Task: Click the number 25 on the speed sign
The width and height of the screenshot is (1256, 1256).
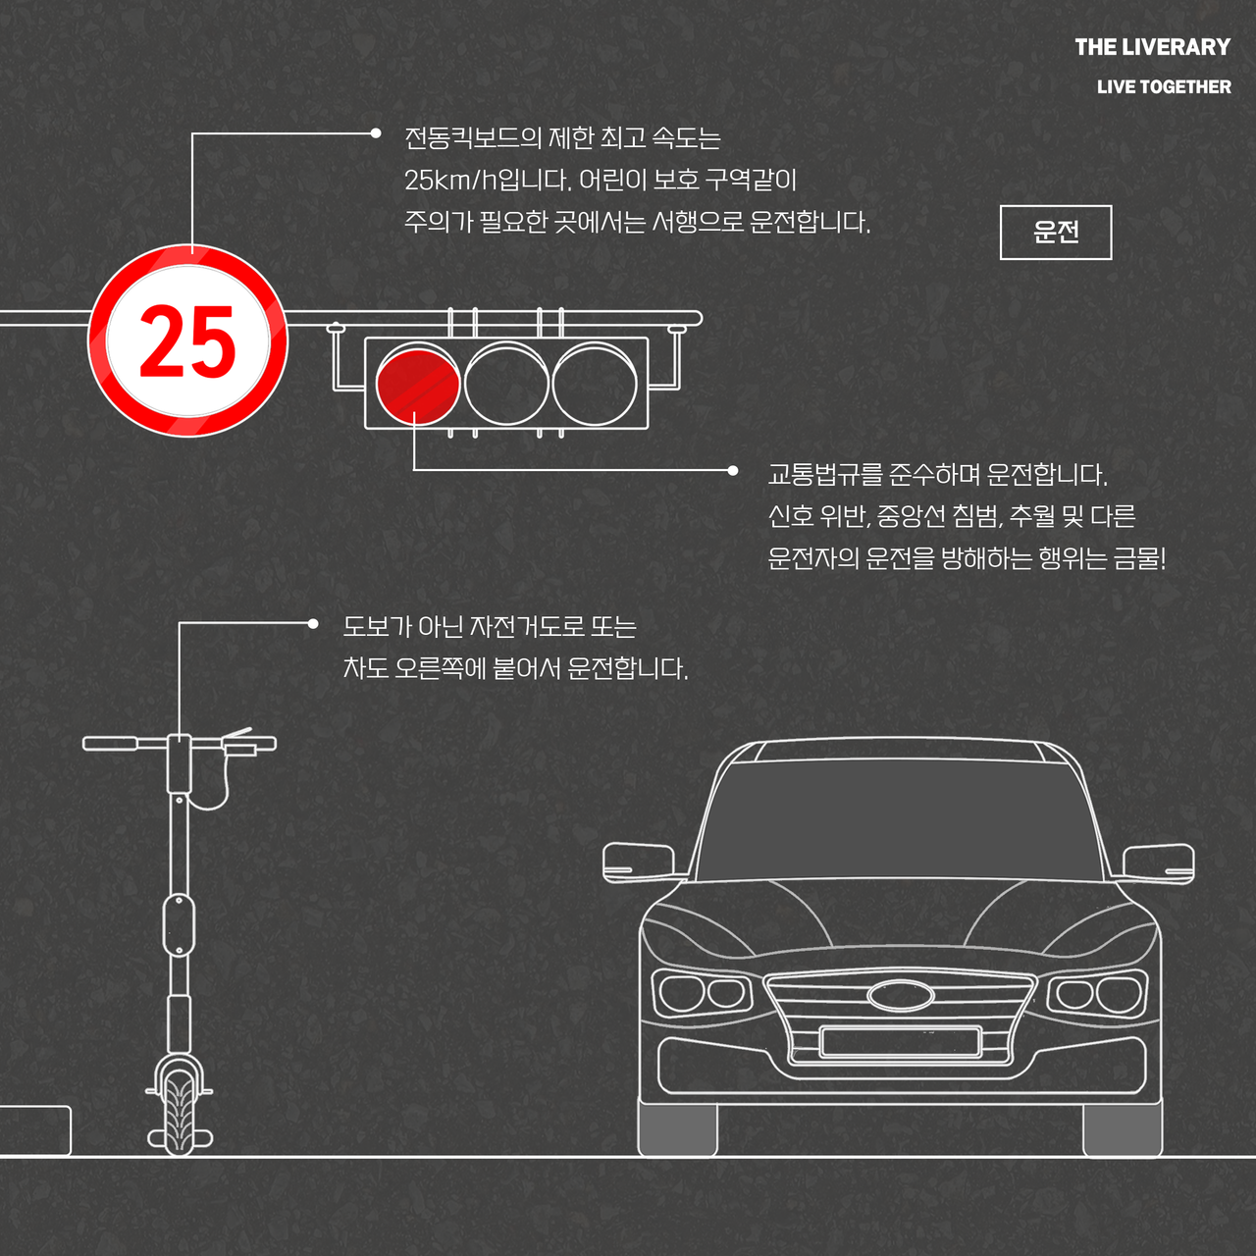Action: pos(187,340)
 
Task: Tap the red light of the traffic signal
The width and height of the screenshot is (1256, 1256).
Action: pos(418,383)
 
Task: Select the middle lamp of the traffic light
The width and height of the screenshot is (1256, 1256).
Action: pos(506,383)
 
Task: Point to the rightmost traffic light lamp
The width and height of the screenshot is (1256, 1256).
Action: pos(595,383)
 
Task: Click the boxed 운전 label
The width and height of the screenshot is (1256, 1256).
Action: pos(1056,233)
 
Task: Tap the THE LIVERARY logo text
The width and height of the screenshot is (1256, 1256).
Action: pos(1152,47)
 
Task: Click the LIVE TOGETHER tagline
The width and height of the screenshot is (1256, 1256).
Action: pos(1164,87)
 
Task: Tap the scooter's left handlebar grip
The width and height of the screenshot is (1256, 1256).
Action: pos(109,744)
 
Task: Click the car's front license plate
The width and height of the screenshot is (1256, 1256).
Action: pos(901,1041)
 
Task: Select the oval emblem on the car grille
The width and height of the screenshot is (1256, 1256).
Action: pos(901,995)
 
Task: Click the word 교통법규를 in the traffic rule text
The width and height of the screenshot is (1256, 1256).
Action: pos(825,476)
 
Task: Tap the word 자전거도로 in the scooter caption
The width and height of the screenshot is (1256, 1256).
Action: pos(527,627)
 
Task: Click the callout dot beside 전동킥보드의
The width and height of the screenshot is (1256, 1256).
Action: pos(375,133)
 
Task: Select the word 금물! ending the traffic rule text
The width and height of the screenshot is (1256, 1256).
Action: pos(1139,559)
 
